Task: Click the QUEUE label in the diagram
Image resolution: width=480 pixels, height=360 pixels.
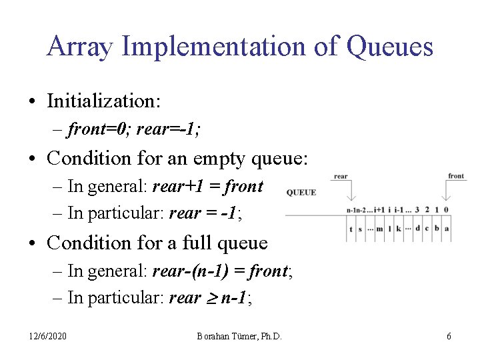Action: [301, 193]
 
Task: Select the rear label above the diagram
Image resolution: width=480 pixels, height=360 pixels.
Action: [341, 177]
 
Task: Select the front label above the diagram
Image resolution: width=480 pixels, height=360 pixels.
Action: [456, 176]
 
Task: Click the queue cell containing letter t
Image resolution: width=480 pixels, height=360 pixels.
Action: [351, 229]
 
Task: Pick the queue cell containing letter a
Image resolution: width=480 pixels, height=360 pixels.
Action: [446, 229]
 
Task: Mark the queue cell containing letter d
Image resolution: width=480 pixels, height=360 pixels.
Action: [417, 229]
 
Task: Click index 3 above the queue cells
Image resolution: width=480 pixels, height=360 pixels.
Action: [417, 210]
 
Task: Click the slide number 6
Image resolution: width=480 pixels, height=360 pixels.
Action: [449, 337]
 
